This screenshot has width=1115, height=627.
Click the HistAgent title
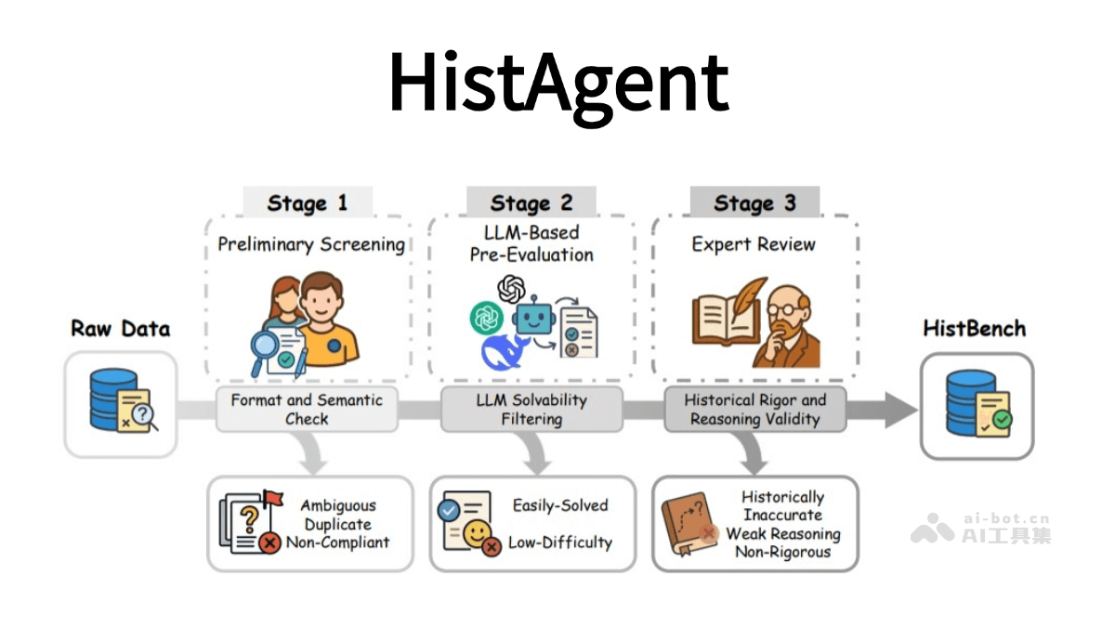click(557, 81)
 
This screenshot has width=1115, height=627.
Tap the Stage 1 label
click(308, 203)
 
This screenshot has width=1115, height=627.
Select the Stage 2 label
click(531, 203)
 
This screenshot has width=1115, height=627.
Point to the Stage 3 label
click(754, 203)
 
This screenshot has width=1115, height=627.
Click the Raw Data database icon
click(120, 405)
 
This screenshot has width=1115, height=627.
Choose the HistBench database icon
click(977, 406)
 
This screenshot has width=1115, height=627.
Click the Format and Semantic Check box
click(306, 410)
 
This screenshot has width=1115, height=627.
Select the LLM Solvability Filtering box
click(531, 410)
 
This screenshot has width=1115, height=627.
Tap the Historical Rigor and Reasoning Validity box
click(754, 410)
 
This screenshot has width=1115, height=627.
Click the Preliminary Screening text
click(311, 244)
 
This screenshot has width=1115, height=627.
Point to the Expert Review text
click(754, 244)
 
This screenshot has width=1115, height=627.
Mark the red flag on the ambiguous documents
click(272, 498)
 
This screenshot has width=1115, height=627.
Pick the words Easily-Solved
click(560, 505)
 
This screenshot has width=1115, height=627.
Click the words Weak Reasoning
click(782, 534)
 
